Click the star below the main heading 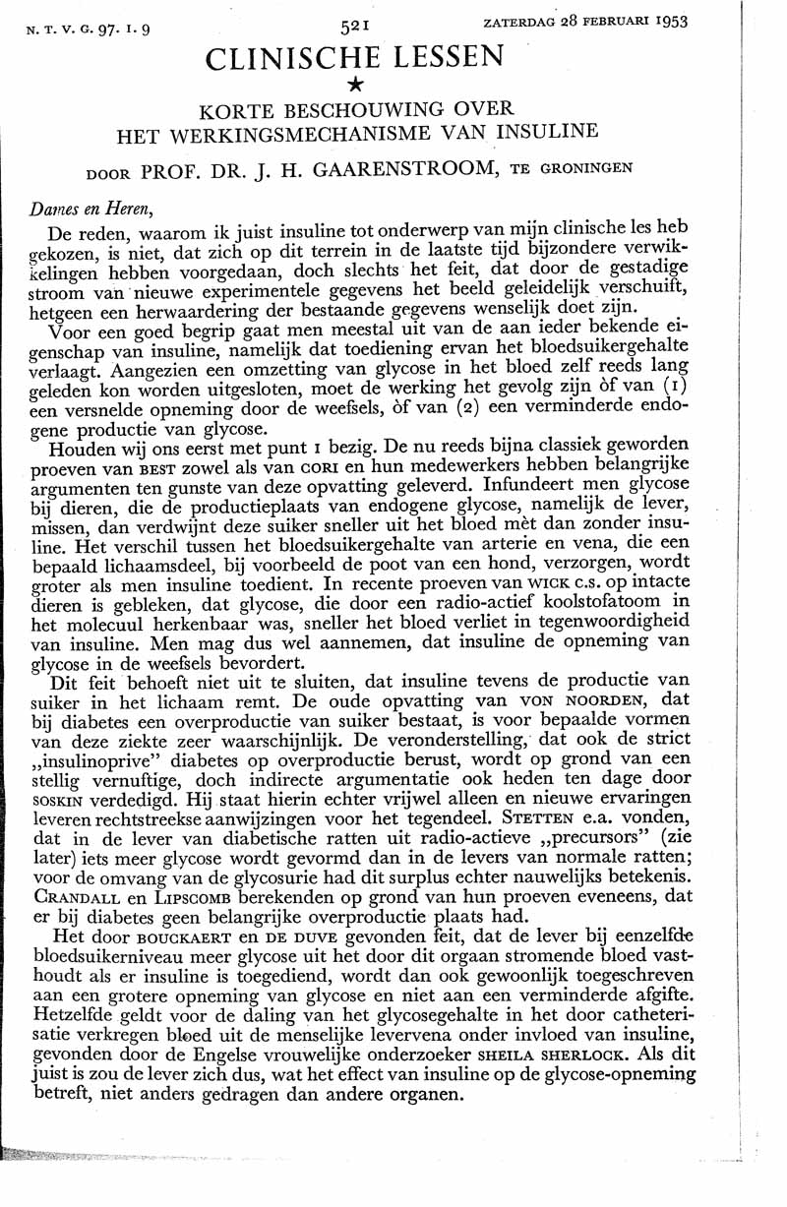coord(356,89)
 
